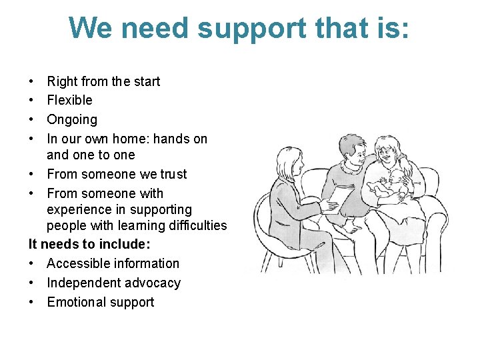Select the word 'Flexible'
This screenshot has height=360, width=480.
[x=69, y=101]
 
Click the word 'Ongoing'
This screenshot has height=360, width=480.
[x=72, y=120]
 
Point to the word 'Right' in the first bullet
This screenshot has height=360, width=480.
[x=63, y=82]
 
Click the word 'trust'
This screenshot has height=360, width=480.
[x=172, y=175]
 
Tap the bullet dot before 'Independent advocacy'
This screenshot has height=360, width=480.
[x=32, y=283]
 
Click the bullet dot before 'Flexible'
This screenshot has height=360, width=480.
[x=32, y=101]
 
